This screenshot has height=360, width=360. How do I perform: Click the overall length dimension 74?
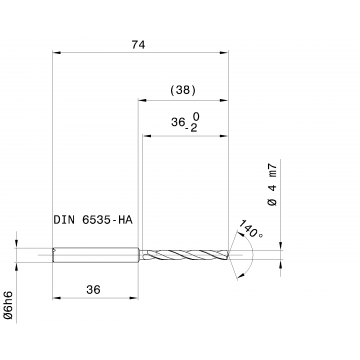[138, 45]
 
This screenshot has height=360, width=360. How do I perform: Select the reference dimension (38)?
[183, 90]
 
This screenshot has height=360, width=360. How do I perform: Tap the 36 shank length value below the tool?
[93, 290]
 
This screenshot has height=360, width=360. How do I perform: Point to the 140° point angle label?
[250, 229]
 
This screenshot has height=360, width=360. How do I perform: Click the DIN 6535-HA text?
[93, 220]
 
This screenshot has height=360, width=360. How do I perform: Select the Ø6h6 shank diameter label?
[8, 305]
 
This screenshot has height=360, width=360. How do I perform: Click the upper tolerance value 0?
[196, 116]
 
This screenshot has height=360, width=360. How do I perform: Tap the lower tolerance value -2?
[192, 128]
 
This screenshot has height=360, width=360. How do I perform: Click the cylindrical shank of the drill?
[96, 255]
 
